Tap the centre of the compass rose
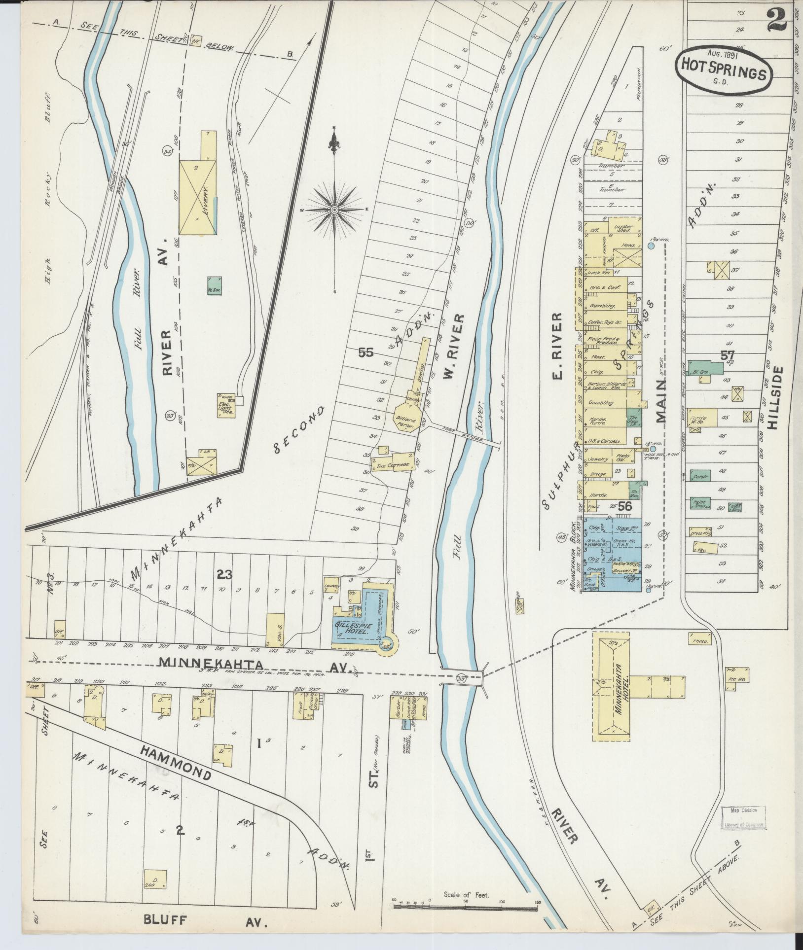pos(334,210)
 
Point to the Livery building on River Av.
pos(197,197)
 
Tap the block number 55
pos(366,352)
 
